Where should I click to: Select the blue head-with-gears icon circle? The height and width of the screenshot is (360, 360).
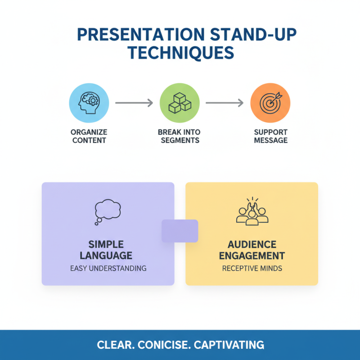coord(89,103)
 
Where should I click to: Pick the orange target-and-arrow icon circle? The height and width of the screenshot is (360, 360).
coord(270,103)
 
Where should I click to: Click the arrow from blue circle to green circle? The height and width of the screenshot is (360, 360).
coord(134,103)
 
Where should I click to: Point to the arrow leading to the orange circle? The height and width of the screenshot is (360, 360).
coord(225,103)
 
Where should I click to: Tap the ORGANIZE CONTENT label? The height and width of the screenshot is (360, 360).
coord(89,136)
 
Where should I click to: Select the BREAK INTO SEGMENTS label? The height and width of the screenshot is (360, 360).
coord(179,136)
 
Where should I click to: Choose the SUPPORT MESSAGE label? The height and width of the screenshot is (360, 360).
coord(270,136)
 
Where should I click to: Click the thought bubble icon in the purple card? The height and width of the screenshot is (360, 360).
coord(108,212)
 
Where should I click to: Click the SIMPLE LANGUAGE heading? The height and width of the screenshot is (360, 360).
coord(108,250)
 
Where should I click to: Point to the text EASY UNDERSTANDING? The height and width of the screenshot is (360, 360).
coord(108,268)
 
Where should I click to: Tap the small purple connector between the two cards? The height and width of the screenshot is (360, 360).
coord(180,231)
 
